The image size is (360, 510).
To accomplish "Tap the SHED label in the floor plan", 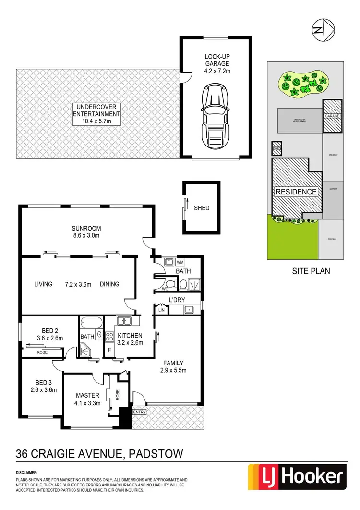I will (x=202, y=208).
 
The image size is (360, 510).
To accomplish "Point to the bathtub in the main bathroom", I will (x=91, y=322).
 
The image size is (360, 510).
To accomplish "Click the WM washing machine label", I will (x=180, y=262).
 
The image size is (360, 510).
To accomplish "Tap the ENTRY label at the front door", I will (x=140, y=412).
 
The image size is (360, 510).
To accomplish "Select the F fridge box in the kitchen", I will (x=109, y=350).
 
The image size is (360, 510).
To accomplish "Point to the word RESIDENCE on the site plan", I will (x=296, y=192).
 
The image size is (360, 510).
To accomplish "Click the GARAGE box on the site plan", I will (x=332, y=116).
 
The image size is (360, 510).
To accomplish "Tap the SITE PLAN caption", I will (x=311, y=271).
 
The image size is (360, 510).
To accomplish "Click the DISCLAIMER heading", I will (x=26, y=473).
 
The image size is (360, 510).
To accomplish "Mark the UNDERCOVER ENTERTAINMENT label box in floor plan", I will (x=96, y=114).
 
